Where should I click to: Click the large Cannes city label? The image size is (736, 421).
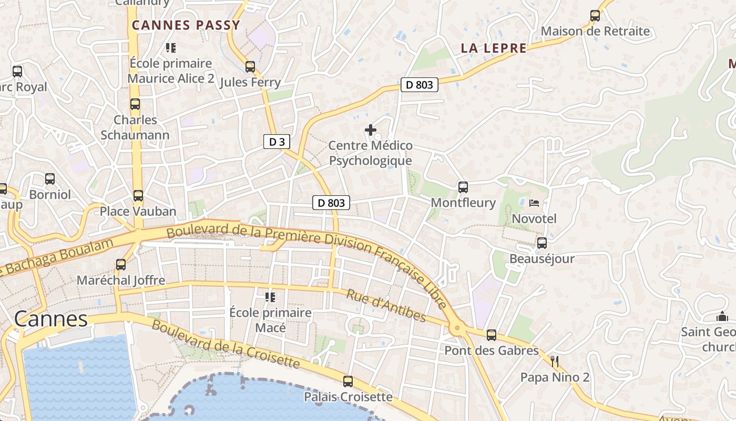[x=51, y=319]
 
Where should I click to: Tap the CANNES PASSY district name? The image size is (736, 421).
[x=186, y=25]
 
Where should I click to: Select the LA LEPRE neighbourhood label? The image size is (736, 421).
[x=493, y=48]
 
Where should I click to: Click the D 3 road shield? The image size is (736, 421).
[x=277, y=142]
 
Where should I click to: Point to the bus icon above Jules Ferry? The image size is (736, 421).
[x=250, y=67]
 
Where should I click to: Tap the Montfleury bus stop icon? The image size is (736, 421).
[x=463, y=187]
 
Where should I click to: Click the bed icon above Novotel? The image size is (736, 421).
[x=534, y=203]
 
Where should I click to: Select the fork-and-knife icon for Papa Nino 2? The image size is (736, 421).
[x=555, y=361]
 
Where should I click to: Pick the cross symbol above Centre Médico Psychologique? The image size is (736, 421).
[x=371, y=129]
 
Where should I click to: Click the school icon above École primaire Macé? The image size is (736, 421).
[x=270, y=297]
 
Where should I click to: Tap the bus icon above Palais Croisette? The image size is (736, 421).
[x=348, y=381]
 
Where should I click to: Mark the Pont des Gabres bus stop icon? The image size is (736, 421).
[x=492, y=335]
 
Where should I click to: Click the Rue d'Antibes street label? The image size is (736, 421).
[x=386, y=305]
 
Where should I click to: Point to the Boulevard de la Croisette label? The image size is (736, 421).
[x=226, y=344]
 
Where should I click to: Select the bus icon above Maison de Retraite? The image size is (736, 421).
[x=595, y=16]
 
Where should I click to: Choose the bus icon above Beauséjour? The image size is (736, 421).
[x=542, y=243]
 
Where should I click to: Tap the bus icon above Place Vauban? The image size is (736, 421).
[x=138, y=196]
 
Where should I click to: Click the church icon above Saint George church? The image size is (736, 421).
[x=722, y=316]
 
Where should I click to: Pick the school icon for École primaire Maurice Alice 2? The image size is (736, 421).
[x=170, y=48]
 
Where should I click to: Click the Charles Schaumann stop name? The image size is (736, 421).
[x=135, y=127]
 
